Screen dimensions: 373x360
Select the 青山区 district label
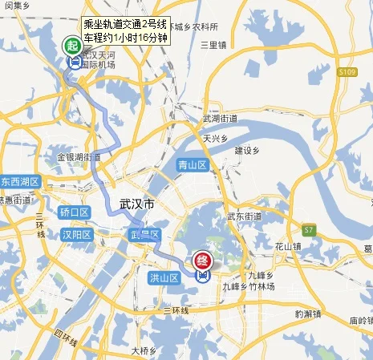click(x=192, y=165)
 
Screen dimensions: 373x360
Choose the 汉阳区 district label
click(x=77, y=234)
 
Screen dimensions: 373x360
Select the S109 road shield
click(x=347, y=72)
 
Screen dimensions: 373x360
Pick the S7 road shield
click(x=309, y=230)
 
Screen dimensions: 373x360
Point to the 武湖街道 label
click(x=220, y=119)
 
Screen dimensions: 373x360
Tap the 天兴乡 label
click(x=217, y=138)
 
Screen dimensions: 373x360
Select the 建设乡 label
click(x=248, y=150)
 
